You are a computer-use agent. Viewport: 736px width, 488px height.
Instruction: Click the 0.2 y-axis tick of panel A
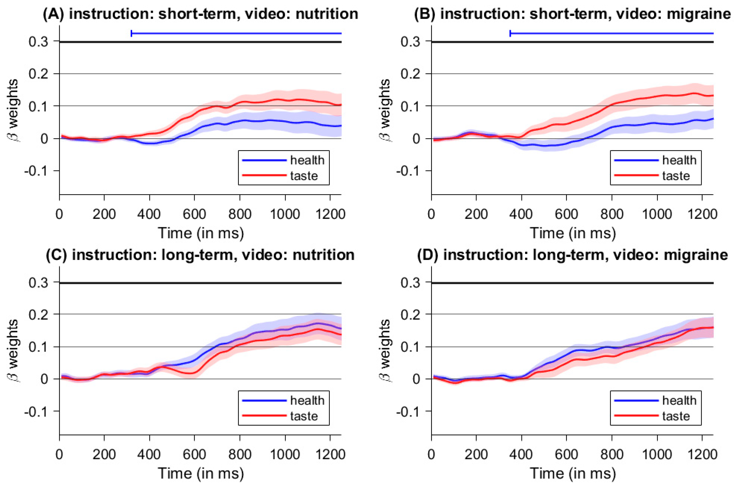(x=39, y=74)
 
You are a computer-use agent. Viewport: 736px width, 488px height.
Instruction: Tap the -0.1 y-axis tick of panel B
(x=408, y=171)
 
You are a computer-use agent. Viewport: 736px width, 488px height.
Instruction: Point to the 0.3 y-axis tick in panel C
(x=39, y=283)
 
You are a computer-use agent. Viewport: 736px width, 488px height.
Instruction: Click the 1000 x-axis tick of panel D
(x=657, y=455)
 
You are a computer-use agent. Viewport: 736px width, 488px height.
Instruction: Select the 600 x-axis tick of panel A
(x=194, y=215)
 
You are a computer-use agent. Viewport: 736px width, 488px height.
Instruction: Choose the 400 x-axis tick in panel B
(x=521, y=215)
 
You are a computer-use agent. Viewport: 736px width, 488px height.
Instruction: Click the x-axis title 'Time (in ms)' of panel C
(x=201, y=473)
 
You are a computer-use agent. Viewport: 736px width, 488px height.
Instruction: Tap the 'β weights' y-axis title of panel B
(x=385, y=110)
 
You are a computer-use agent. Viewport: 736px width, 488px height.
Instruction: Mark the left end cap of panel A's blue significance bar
(x=132, y=33)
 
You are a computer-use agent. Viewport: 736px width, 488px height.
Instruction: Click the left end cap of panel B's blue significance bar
(x=510, y=33)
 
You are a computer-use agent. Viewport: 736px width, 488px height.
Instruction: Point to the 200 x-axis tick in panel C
(x=104, y=455)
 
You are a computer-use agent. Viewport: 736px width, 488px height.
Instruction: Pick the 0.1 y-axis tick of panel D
(x=411, y=347)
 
